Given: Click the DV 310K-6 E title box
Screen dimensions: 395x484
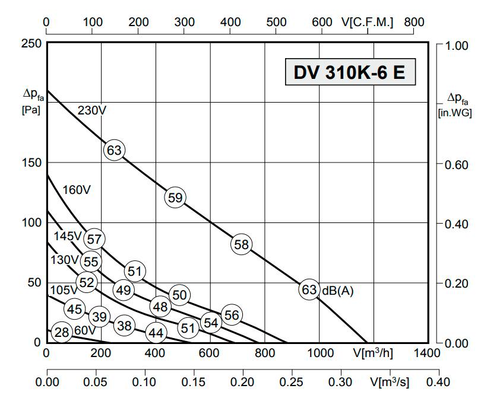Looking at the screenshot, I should [x=350, y=72].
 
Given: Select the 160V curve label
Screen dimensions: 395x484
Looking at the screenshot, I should [x=77, y=190].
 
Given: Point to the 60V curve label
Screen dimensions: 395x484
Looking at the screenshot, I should [x=85, y=330].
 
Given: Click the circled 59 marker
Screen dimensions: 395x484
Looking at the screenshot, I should [x=175, y=197].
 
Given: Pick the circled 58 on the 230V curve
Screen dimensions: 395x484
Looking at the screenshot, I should [x=241, y=244].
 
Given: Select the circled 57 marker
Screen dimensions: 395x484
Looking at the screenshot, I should [x=94, y=239].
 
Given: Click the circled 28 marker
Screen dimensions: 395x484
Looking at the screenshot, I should [x=62, y=333].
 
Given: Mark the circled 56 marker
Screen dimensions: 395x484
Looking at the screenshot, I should [x=232, y=315].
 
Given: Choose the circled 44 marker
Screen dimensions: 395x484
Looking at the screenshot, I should [x=156, y=333].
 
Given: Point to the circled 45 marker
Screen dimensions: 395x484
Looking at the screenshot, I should [x=74, y=309].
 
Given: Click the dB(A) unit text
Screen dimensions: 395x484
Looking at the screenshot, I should [x=338, y=291].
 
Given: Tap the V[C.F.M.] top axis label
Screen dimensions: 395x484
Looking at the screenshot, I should [x=368, y=22].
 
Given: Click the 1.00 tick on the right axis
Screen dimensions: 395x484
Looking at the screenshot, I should [x=457, y=45].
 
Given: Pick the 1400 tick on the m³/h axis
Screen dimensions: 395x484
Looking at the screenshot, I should [x=428, y=353].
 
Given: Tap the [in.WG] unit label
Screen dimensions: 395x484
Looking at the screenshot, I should [x=454, y=113].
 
